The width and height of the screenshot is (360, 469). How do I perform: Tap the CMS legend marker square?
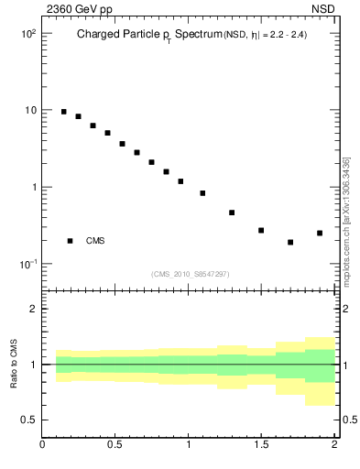(x=71, y=241)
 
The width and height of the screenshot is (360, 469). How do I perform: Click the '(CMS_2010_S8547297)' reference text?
(x=190, y=274)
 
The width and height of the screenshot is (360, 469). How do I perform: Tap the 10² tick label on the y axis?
(x=28, y=33)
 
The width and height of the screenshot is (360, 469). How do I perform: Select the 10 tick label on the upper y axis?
(x=29, y=110)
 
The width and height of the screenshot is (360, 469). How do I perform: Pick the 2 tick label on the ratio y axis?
(x=32, y=309)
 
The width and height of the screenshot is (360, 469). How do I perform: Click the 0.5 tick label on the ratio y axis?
(x=28, y=420)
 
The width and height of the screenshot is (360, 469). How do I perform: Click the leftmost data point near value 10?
(x=63, y=112)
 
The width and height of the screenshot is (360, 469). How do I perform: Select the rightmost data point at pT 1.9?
(x=320, y=233)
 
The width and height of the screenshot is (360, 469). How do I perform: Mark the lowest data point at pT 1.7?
(x=290, y=242)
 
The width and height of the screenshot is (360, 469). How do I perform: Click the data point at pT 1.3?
(x=232, y=213)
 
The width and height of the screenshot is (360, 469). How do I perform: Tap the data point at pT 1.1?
(x=202, y=193)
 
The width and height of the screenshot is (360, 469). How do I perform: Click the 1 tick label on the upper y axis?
(x=32, y=187)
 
